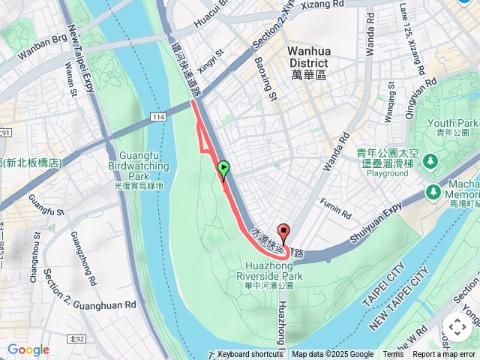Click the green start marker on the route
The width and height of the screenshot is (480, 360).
pos(223,169)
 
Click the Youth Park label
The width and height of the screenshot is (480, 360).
pos(453,123)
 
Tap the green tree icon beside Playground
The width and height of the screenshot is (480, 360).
pos(430,160)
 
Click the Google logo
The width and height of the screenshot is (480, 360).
pos(28,349)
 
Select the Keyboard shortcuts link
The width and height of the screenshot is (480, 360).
pos(250,355)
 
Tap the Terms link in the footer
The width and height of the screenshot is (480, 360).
pos(393,355)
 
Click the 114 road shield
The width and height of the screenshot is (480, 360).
pos(157,118)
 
